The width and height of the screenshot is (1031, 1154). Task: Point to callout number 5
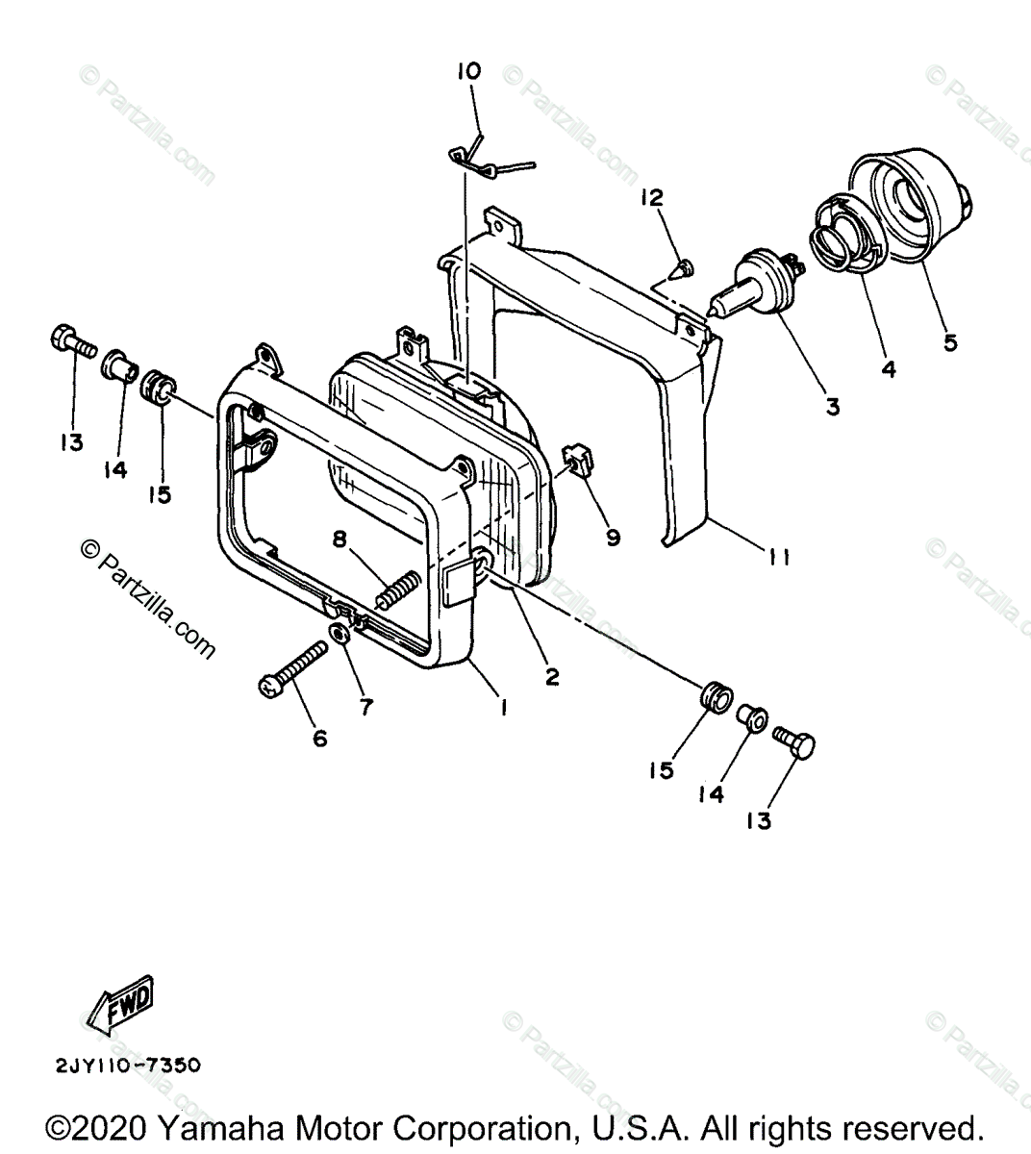point(950,341)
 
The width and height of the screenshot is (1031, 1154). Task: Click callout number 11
point(779,557)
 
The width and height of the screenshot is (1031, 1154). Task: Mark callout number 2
point(551,676)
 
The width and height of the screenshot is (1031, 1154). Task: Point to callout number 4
point(888,368)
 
